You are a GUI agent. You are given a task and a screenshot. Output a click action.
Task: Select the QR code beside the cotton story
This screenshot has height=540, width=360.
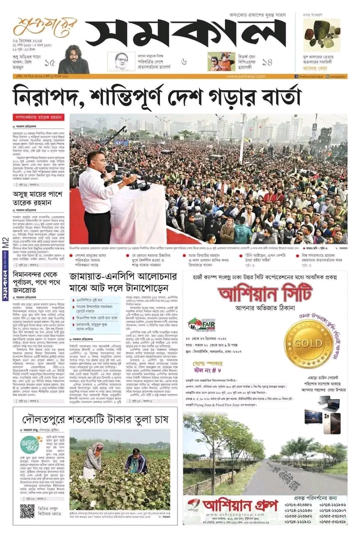[x=27, y=511]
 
